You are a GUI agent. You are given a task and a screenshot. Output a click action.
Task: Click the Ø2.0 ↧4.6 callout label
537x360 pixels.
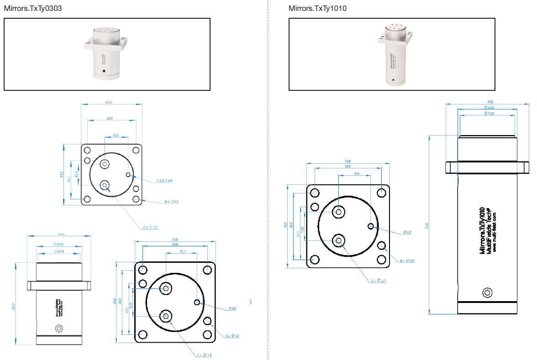tap(164, 181)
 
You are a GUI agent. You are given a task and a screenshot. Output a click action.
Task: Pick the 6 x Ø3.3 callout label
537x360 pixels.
tap(171, 201)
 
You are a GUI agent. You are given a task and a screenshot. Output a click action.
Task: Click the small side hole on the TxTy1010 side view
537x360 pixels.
tap(488, 292)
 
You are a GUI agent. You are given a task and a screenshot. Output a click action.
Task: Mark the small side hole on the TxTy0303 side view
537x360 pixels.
tap(58, 328)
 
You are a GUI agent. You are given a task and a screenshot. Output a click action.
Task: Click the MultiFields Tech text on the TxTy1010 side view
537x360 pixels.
tap(488, 228)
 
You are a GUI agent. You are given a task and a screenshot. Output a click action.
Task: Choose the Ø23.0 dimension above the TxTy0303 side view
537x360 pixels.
tap(59, 251)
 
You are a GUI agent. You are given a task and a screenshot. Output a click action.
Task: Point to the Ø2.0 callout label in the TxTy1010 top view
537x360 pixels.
tap(407, 232)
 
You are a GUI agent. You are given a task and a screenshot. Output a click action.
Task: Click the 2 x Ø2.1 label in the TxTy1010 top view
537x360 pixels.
tap(379, 281)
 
